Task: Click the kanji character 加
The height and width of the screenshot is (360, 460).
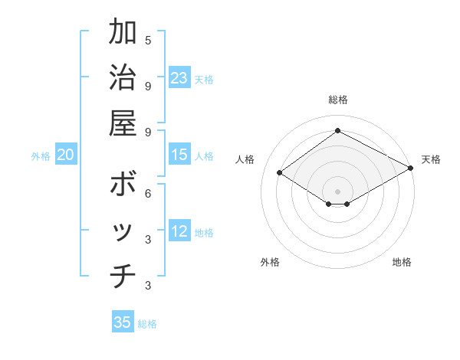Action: click(122, 33)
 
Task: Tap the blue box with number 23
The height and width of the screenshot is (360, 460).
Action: click(179, 77)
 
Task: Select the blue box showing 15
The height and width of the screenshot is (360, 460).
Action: click(179, 155)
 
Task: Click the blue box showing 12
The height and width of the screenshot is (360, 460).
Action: click(179, 232)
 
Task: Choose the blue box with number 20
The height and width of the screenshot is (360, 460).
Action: click(65, 155)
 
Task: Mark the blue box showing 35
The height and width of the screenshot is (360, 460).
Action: click(123, 322)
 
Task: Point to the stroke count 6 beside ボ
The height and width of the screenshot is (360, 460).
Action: click(148, 193)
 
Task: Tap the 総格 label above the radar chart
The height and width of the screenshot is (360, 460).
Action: click(337, 100)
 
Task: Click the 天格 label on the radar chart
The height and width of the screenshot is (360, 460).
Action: click(431, 159)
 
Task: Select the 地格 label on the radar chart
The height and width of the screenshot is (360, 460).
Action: click(402, 262)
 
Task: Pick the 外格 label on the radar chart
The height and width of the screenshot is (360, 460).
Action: click(270, 262)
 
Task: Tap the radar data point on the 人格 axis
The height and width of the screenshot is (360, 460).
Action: click(280, 172)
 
